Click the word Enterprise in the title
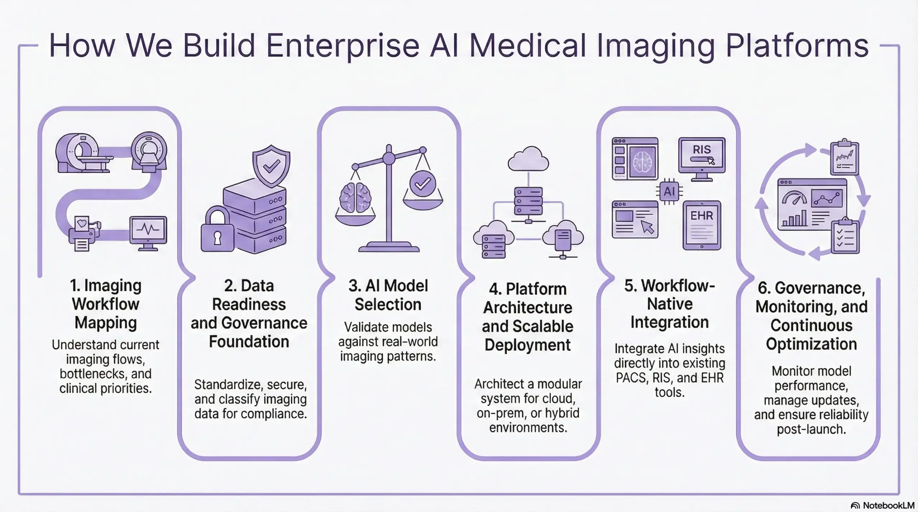click(x=342, y=47)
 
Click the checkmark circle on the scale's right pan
click(x=422, y=184)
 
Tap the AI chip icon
click(x=669, y=191)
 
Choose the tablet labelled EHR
click(x=702, y=225)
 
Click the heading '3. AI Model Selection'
click(x=388, y=295)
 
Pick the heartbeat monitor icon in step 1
click(x=148, y=231)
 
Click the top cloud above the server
click(x=528, y=159)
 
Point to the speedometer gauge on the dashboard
click(x=794, y=198)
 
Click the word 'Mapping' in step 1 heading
click(x=106, y=322)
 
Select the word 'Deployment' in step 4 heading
click(x=527, y=345)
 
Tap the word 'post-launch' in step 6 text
click(x=811, y=429)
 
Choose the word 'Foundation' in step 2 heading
click(x=249, y=341)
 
